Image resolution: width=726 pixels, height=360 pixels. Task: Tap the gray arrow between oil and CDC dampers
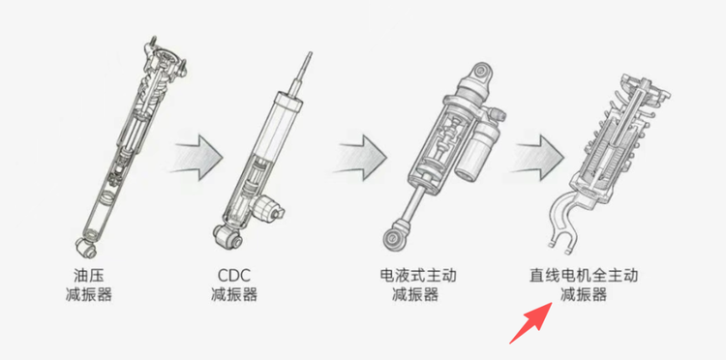[x=197, y=158]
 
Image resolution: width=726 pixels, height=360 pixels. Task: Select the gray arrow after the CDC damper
[x=362, y=158]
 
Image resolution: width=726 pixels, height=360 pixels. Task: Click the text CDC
[x=234, y=276]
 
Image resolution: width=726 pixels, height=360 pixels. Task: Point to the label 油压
[x=88, y=276]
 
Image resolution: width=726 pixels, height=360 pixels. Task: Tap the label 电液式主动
[x=417, y=276]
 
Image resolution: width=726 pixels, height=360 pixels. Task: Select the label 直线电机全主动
[x=584, y=276]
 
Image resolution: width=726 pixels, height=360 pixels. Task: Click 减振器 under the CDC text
[x=234, y=295]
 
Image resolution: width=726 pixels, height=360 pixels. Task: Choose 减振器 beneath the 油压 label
[x=88, y=295]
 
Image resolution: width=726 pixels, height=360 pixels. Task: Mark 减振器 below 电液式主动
[x=415, y=295]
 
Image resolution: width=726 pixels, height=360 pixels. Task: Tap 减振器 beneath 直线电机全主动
[x=584, y=295]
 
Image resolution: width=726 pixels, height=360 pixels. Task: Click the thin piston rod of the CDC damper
[x=301, y=74]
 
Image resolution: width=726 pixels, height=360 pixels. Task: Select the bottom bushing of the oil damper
[x=86, y=245]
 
